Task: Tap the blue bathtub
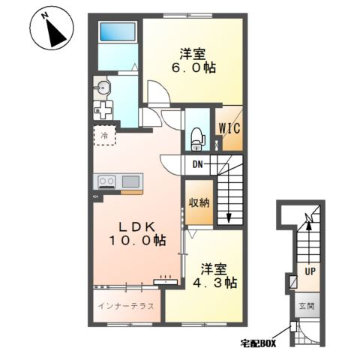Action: tap(118, 31)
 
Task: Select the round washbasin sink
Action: tap(102, 88)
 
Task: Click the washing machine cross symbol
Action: tap(103, 110)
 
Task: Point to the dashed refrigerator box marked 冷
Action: tap(105, 135)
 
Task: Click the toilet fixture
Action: tap(197, 139)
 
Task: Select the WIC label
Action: tap(229, 128)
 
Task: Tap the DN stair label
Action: tap(197, 164)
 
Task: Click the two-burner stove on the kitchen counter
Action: tap(106, 181)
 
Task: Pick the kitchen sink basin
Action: tap(130, 181)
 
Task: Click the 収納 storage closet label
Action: tap(199, 202)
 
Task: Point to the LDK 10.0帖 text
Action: tap(137, 234)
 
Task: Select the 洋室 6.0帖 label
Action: tap(193, 61)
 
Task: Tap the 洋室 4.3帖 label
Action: tap(214, 275)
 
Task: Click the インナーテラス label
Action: tap(126, 306)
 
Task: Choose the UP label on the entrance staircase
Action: tap(310, 271)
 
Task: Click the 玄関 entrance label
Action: tap(307, 306)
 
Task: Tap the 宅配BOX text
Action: tap(258, 343)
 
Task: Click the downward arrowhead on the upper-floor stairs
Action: tap(229, 218)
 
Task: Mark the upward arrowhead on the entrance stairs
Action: tap(309, 226)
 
